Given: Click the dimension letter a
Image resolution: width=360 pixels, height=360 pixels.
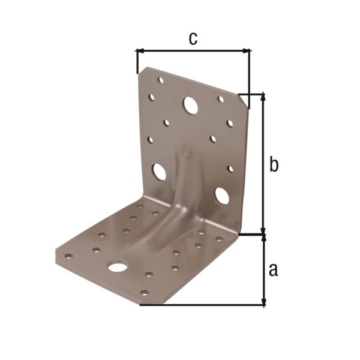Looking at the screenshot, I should click(x=273, y=270).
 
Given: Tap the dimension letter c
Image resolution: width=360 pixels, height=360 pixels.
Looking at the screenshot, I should click(x=193, y=38).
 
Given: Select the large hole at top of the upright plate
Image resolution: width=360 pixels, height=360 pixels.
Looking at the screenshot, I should click(x=191, y=106).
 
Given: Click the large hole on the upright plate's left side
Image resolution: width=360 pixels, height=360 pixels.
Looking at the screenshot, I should click(x=159, y=172).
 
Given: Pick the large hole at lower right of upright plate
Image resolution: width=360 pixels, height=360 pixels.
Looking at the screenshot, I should click(x=221, y=195).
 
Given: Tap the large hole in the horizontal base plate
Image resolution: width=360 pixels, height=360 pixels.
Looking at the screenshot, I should click(x=118, y=265).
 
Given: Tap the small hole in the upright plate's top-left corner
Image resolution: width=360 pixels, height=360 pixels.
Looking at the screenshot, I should click(x=160, y=79).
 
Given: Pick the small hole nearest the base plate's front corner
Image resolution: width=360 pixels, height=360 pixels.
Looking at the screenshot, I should click(x=144, y=293).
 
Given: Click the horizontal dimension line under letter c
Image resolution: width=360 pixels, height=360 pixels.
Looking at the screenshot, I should click(x=193, y=51).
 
